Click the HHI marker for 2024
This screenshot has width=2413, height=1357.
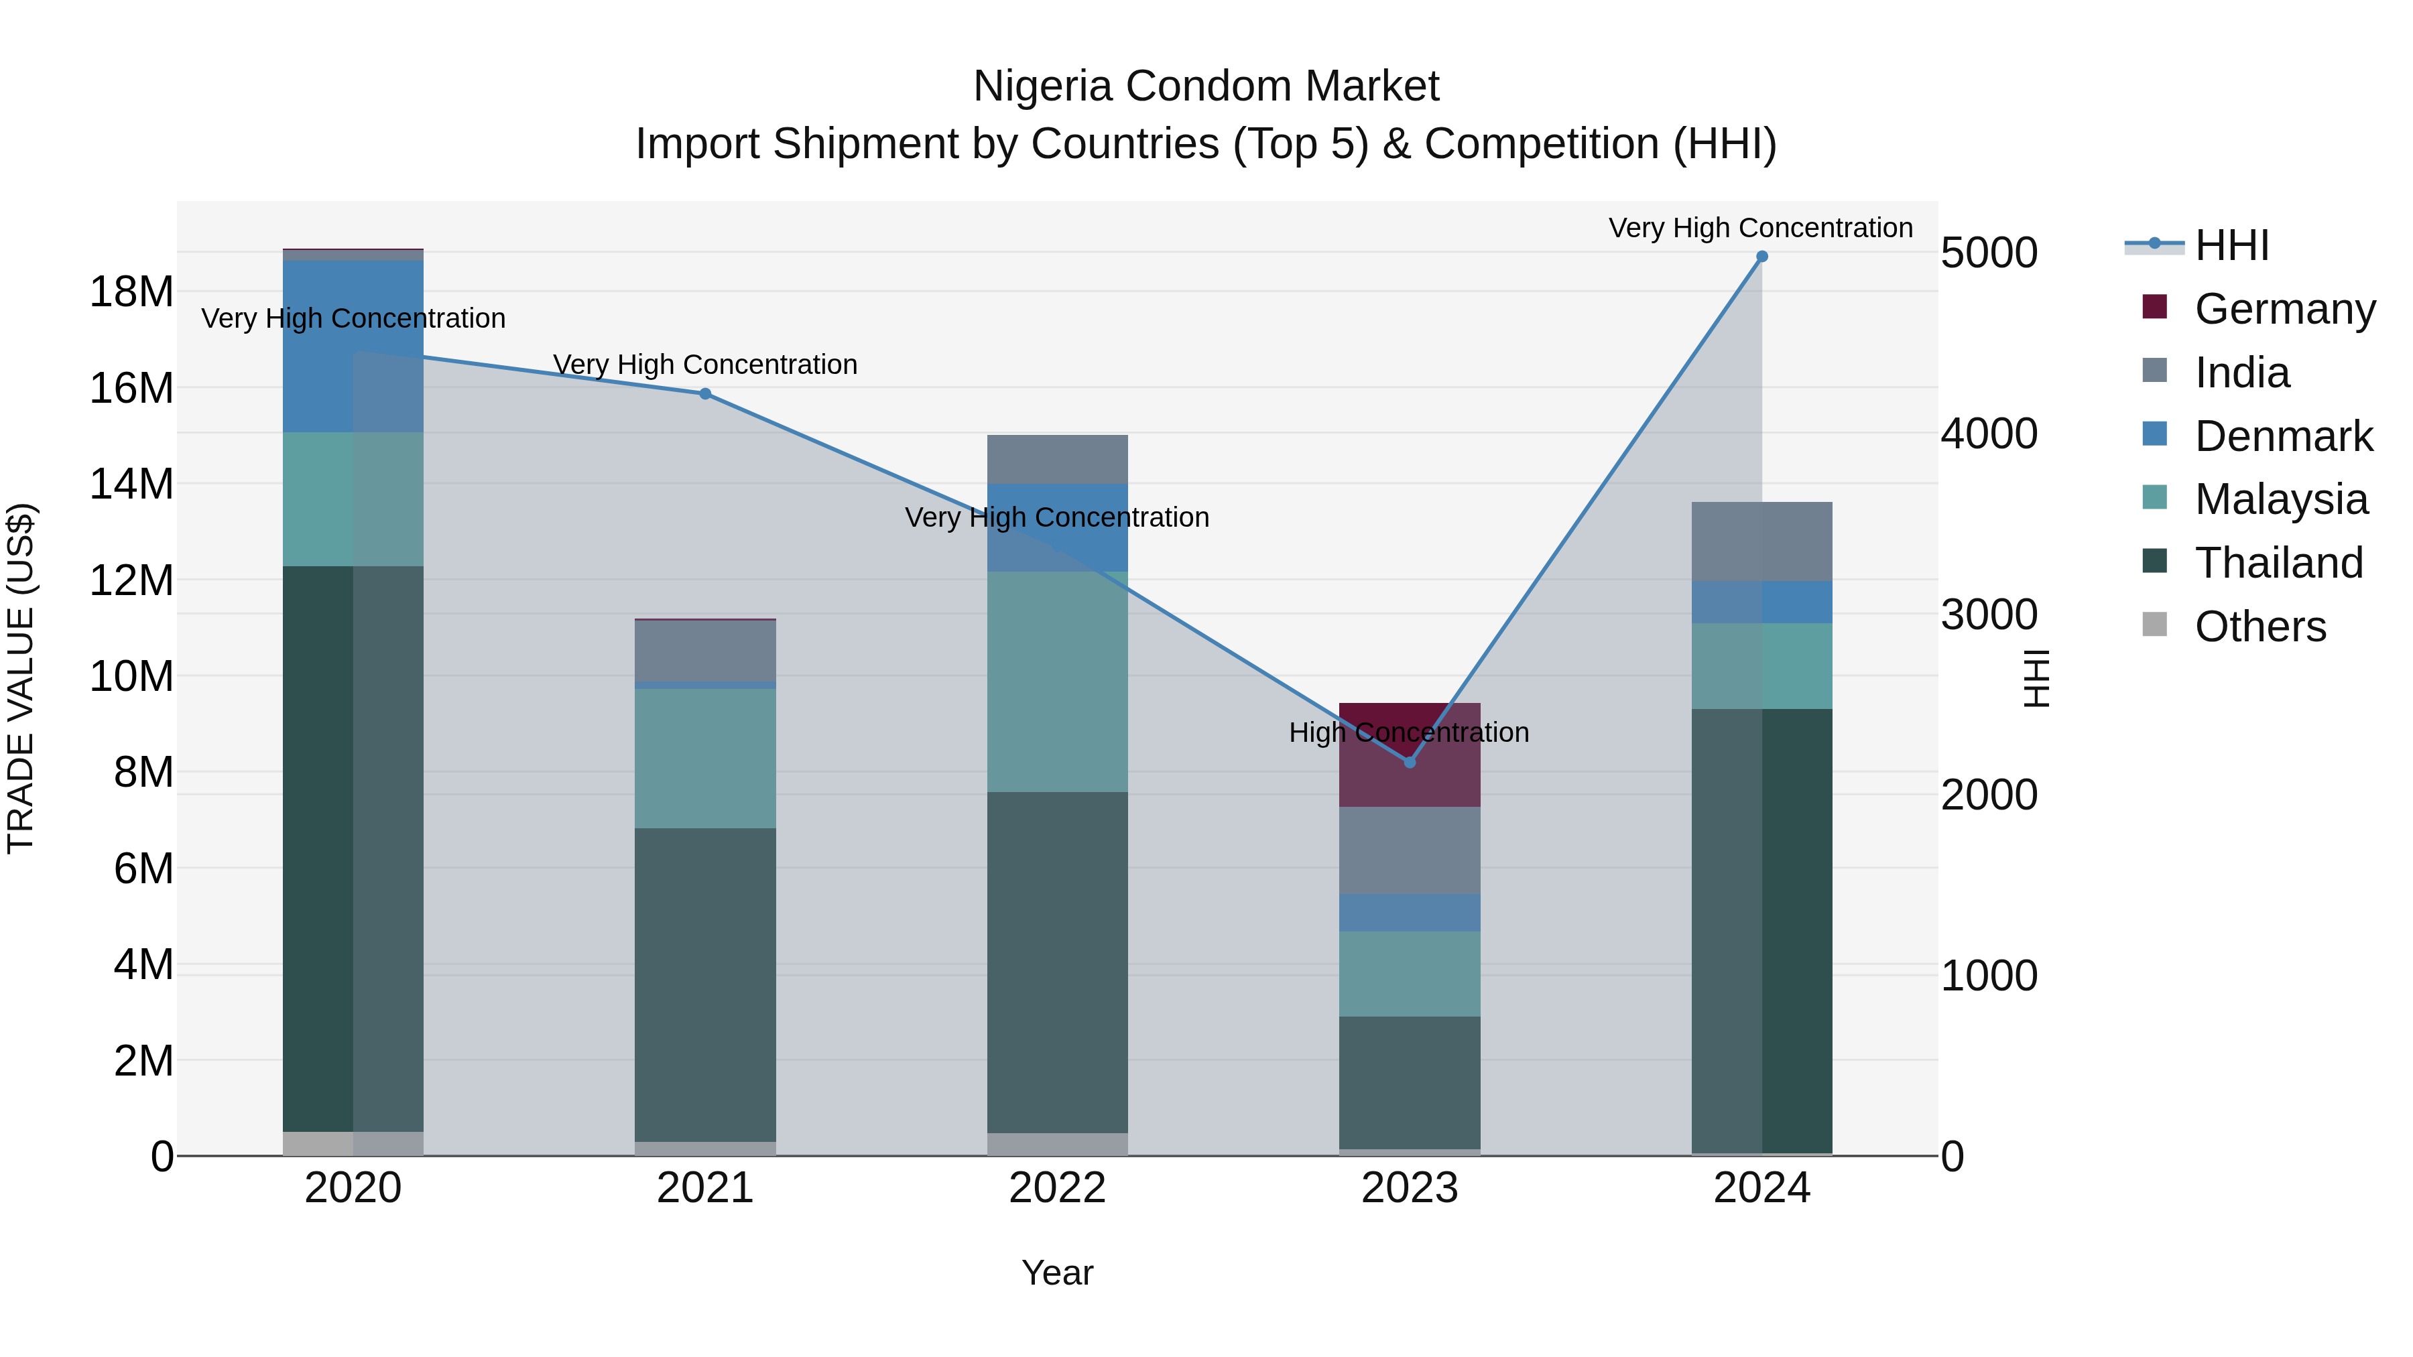[x=1761, y=257]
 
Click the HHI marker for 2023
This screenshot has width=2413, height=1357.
[x=1410, y=763]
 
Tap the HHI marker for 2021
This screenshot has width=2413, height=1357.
[x=705, y=394]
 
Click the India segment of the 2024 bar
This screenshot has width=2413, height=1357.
[x=1761, y=541]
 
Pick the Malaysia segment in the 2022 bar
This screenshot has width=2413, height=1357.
[x=1058, y=682]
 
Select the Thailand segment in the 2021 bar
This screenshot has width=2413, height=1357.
[x=705, y=983]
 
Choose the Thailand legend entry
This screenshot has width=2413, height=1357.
[x=2278, y=563]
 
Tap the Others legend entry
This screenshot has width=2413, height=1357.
[x=2260, y=627]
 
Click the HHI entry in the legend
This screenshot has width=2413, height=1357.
[x=2231, y=245]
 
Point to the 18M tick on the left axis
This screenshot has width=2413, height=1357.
[x=131, y=292]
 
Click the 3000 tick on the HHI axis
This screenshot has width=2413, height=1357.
[x=1989, y=615]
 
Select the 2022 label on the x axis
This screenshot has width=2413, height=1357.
[x=1058, y=1188]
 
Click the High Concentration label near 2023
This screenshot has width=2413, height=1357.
[x=1409, y=732]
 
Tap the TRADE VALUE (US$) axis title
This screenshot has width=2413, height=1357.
[x=21, y=678]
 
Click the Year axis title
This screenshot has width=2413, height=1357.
[x=1058, y=1273]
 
